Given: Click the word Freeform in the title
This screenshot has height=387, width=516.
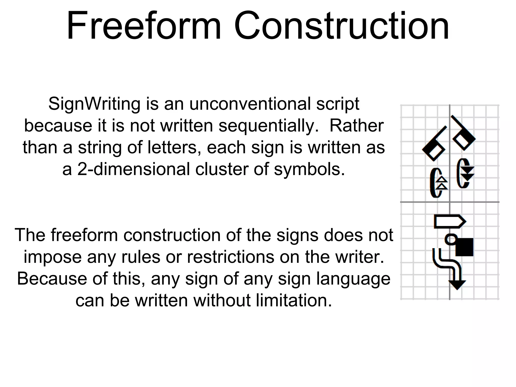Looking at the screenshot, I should coord(144,26).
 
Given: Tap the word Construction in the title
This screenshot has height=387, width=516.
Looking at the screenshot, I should coord(342,26).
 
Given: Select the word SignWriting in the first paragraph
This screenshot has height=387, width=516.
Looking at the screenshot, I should coord(94,104).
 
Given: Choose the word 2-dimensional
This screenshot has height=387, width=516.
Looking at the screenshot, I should coord(134,169).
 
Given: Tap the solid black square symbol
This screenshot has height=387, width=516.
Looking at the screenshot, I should coord(464,247).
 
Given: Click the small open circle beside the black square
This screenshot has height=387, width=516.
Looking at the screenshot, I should coord(451,239).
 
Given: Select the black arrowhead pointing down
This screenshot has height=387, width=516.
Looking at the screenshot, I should coord(457,285).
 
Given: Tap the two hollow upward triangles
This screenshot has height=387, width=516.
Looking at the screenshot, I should coord(442,183).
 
